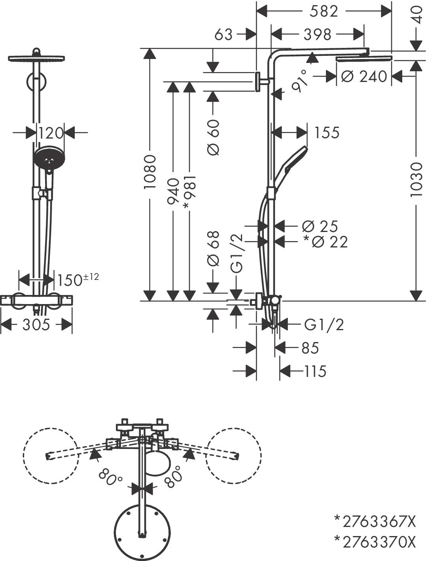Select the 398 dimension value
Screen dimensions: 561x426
pos(317,34)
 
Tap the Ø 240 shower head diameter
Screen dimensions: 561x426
pos(364,76)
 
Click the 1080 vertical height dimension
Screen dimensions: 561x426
pos(150,171)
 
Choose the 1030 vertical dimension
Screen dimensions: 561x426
pos(416,179)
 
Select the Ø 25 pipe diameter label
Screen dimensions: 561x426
pos(320,226)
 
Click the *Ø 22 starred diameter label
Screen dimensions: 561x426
pos(325,242)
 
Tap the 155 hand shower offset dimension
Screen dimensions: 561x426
pos(326,133)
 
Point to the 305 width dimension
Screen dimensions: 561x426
pos(36,325)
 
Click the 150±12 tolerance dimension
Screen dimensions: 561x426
pos(78,280)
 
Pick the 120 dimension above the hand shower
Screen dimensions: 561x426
pos(51,133)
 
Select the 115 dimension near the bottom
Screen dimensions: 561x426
pos(315,371)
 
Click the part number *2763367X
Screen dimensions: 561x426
pos(375,522)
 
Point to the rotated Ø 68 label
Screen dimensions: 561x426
pos(213,248)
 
